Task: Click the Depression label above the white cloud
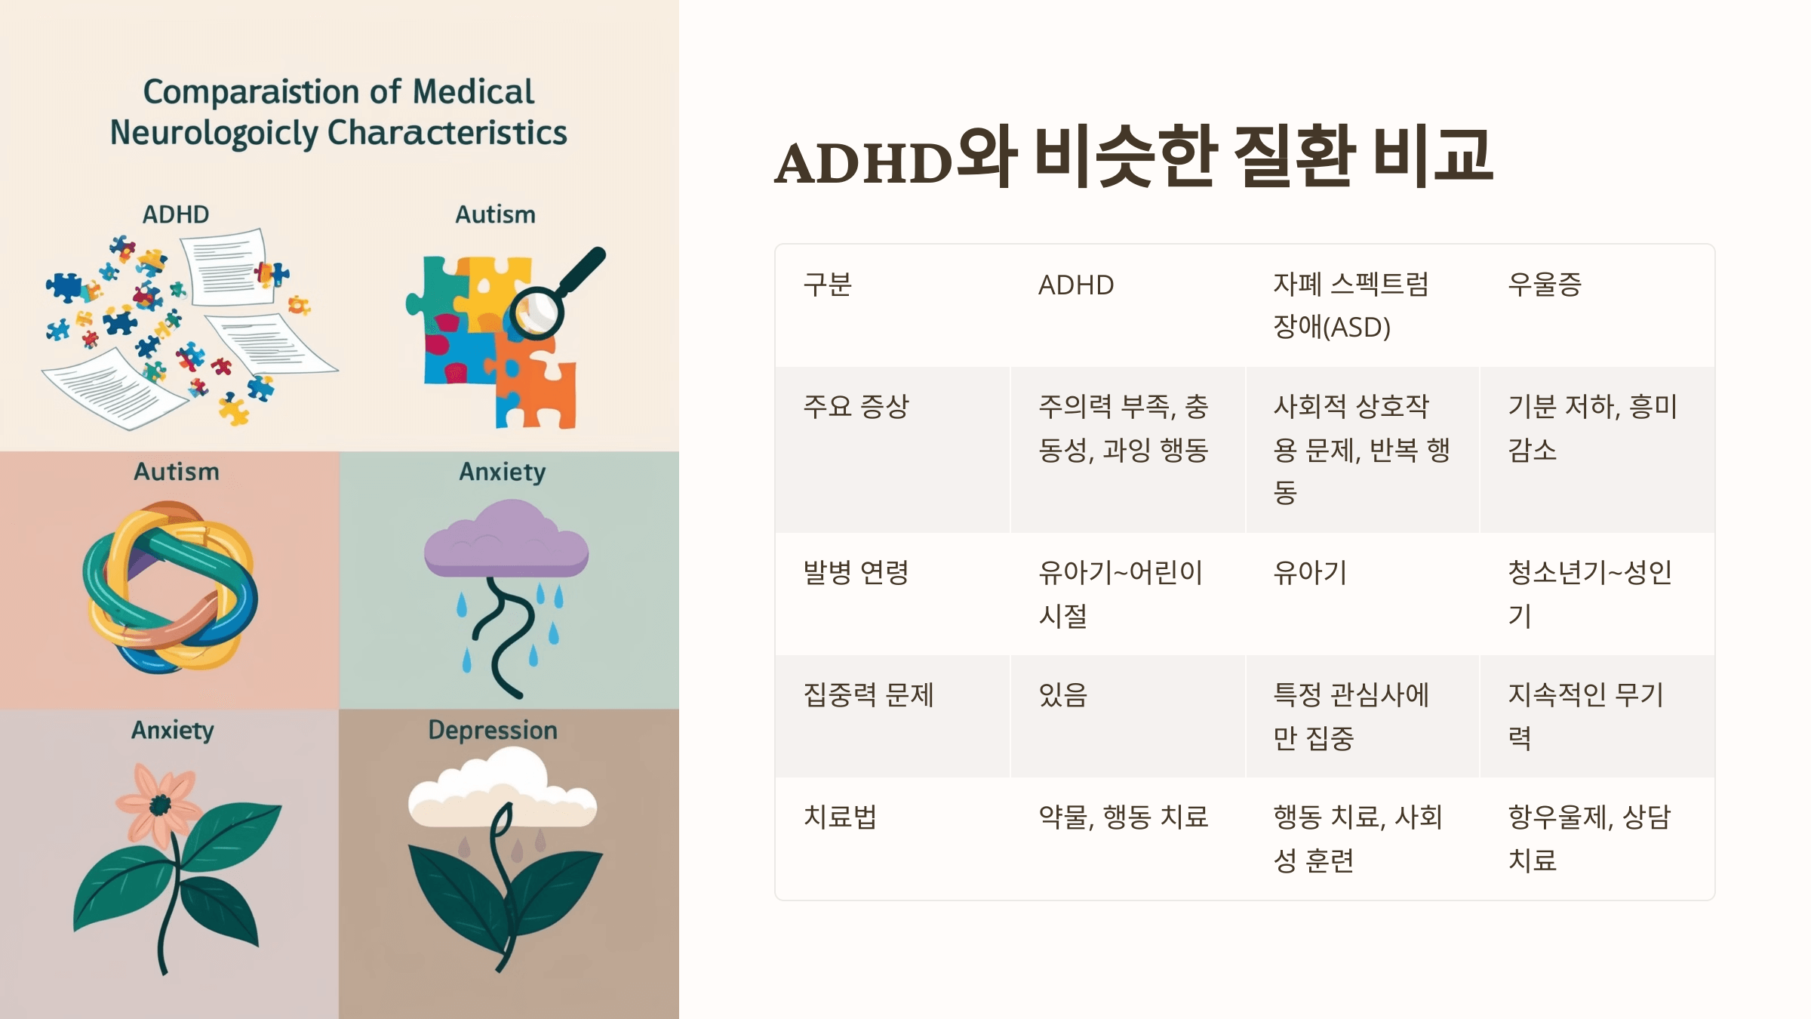[493, 730]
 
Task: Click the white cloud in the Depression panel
[502, 789]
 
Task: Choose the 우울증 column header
[1544, 285]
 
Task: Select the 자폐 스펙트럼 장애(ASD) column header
[1350, 305]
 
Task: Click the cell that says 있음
[1063, 694]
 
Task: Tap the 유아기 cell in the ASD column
[1310, 573]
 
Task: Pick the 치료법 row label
[840, 817]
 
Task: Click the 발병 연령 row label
[856, 573]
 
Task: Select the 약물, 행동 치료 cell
[1123, 817]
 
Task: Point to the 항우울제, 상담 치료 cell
[1589, 838]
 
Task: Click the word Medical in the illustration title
[473, 92]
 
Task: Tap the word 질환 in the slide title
[1292, 157]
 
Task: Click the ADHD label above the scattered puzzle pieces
[176, 214]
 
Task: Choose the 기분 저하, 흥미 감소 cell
[1592, 428]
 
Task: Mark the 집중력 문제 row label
[869, 694]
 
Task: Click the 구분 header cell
[827, 285]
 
